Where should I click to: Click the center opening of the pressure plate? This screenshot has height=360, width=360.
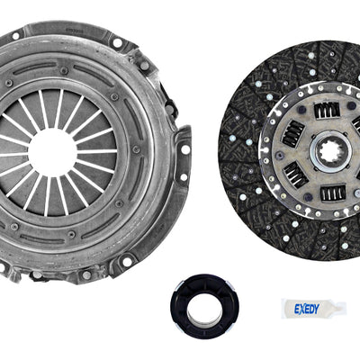coord(52,152)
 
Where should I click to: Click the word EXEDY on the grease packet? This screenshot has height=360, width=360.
coord(307,309)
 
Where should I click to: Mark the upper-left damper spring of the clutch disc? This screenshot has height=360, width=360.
coord(292,134)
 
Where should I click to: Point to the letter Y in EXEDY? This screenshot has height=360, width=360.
coord(317,309)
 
